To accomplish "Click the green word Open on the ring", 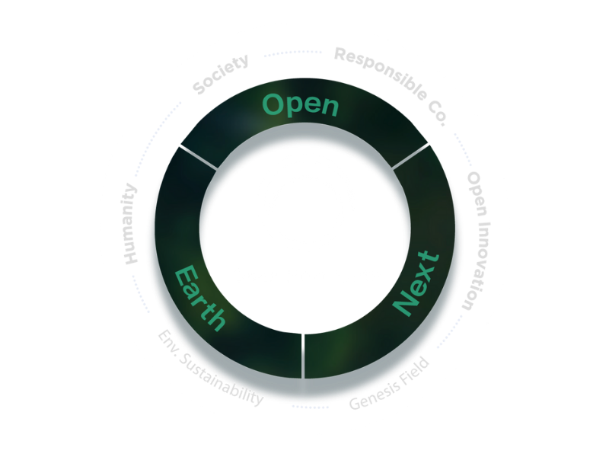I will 300,105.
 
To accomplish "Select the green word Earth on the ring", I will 200,297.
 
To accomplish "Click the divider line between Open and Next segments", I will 411,155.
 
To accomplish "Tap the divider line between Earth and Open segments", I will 199,155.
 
